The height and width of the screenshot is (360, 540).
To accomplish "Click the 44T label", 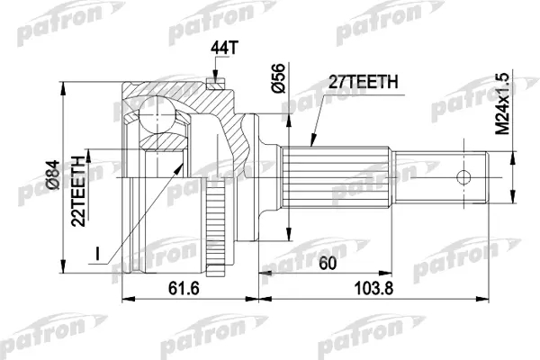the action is coord(224,49).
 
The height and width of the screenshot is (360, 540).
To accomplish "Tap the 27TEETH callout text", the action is coord(363,82).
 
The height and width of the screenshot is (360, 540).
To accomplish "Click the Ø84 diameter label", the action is coord(53,175).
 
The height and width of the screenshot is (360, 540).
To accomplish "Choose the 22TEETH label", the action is coord(78,191).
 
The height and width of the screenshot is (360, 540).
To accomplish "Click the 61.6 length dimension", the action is coord(184,288).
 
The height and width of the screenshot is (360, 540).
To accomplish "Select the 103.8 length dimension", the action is coord(373,288).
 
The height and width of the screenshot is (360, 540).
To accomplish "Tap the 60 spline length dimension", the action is coord(328,264).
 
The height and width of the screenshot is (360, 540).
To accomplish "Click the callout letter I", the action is coord(98,254).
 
